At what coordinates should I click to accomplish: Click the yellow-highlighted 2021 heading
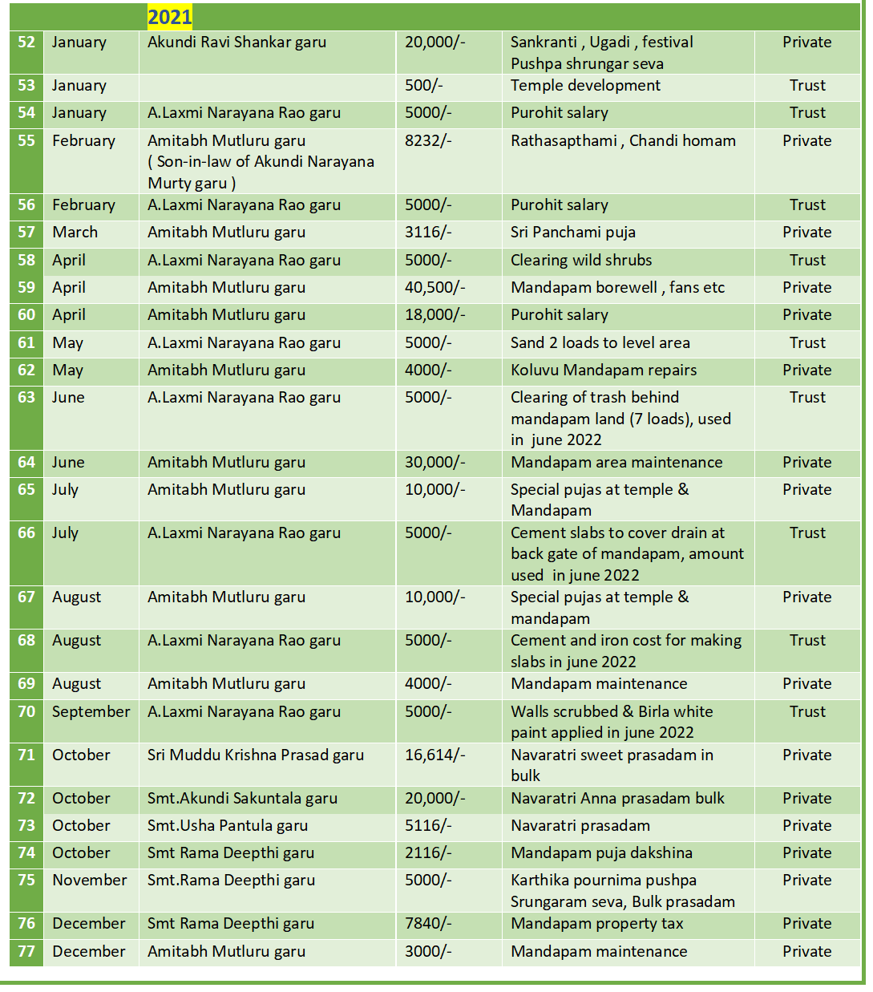pyautogui.click(x=169, y=17)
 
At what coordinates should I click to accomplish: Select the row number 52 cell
pyautogui.click(x=26, y=43)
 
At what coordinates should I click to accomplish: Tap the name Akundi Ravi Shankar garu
pyautogui.click(x=236, y=43)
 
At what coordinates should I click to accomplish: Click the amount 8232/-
pyautogui.click(x=428, y=141)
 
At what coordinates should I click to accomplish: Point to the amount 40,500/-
pyautogui.click(x=434, y=288)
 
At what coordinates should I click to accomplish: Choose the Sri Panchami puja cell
pyautogui.click(x=572, y=233)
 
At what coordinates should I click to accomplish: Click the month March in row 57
pyautogui.click(x=75, y=233)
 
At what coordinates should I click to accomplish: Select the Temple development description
pyautogui.click(x=585, y=86)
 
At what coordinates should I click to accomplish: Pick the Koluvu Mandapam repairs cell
pyautogui.click(x=603, y=370)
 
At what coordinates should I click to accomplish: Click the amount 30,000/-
pyautogui.click(x=434, y=463)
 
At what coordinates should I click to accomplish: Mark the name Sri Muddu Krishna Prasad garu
pyautogui.click(x=255, y=755)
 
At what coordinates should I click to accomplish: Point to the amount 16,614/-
pyautogui.click(x=434, y=755)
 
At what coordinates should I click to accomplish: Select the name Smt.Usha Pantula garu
pyautogui.click(x=228, y=826)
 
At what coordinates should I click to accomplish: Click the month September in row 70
pyautogui.click(x=91, y=712)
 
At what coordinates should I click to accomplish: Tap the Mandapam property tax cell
pyautogui.click(x=596, y=924)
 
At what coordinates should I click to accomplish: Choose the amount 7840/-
pyautogui.click(x=428, y=924)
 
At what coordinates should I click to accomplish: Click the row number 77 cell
pyautogui.click(x=26, y=952)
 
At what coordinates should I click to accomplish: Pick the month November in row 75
pyautogui.click(x=89, y=881)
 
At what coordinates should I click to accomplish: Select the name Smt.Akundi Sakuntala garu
pyautogui.click(x=242, y=799)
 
